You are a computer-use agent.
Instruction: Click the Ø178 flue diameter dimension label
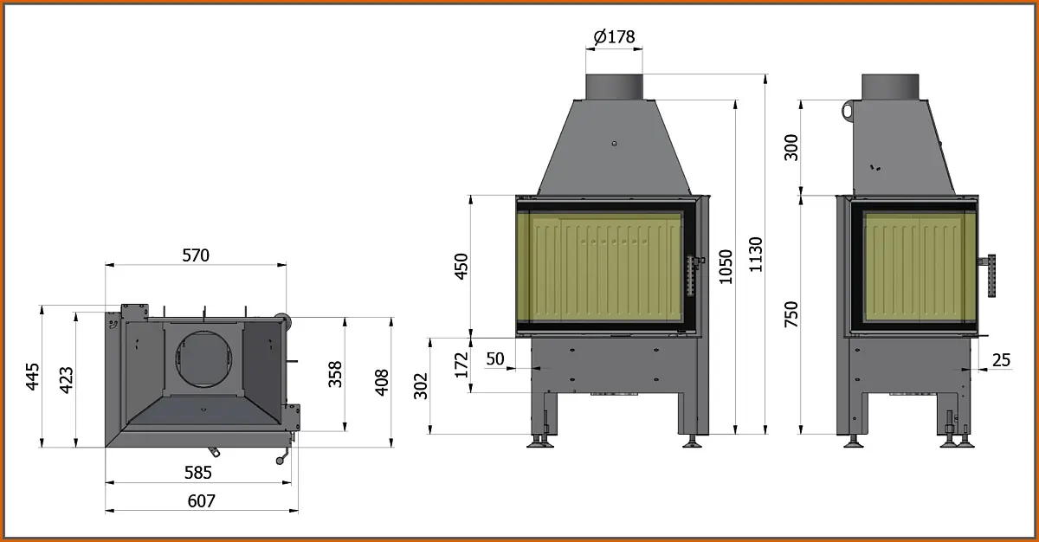(614, 36)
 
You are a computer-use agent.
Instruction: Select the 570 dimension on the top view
(196, 255)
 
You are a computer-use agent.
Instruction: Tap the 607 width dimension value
(201, 500)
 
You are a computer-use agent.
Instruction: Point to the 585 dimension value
(198, 473)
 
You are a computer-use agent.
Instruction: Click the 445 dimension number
(33, 377)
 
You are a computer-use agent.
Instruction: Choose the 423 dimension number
(67, 380)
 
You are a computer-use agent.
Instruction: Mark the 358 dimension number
(335, 374)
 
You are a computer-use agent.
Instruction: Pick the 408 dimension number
(381, 383)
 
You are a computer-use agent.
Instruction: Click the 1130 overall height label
(756, 255)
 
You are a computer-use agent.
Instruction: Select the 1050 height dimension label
(726, 267)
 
